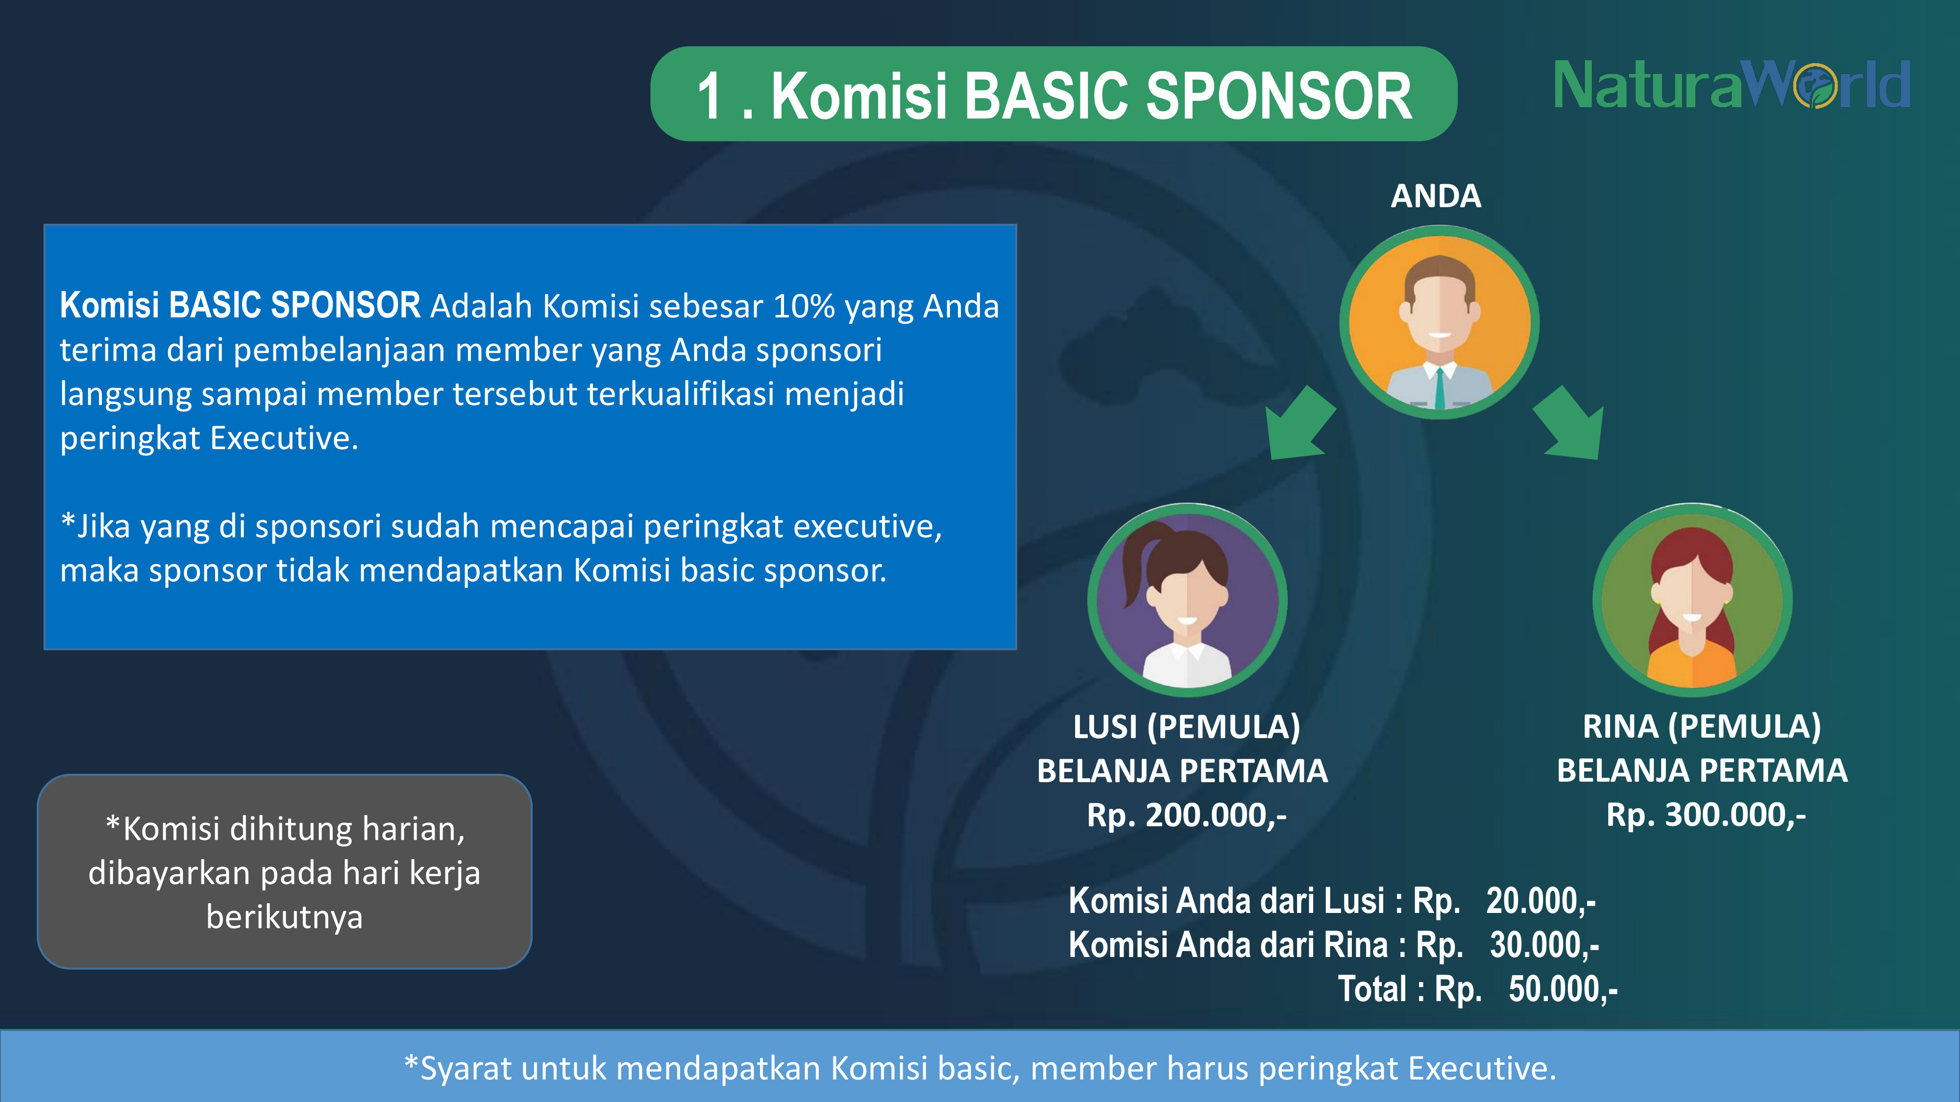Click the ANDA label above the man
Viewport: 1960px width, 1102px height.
[1436, 196]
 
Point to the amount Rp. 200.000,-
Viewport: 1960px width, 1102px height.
[1186, 815]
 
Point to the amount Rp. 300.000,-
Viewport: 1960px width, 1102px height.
[1706, 815]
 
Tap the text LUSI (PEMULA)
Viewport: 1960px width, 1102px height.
[1186, 727]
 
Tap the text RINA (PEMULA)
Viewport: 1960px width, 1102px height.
[1702, 727]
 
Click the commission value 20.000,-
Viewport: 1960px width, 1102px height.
[1541, 901]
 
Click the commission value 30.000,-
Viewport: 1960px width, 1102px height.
[1544, 945]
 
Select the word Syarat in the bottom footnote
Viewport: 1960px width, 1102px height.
[465, 1069]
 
